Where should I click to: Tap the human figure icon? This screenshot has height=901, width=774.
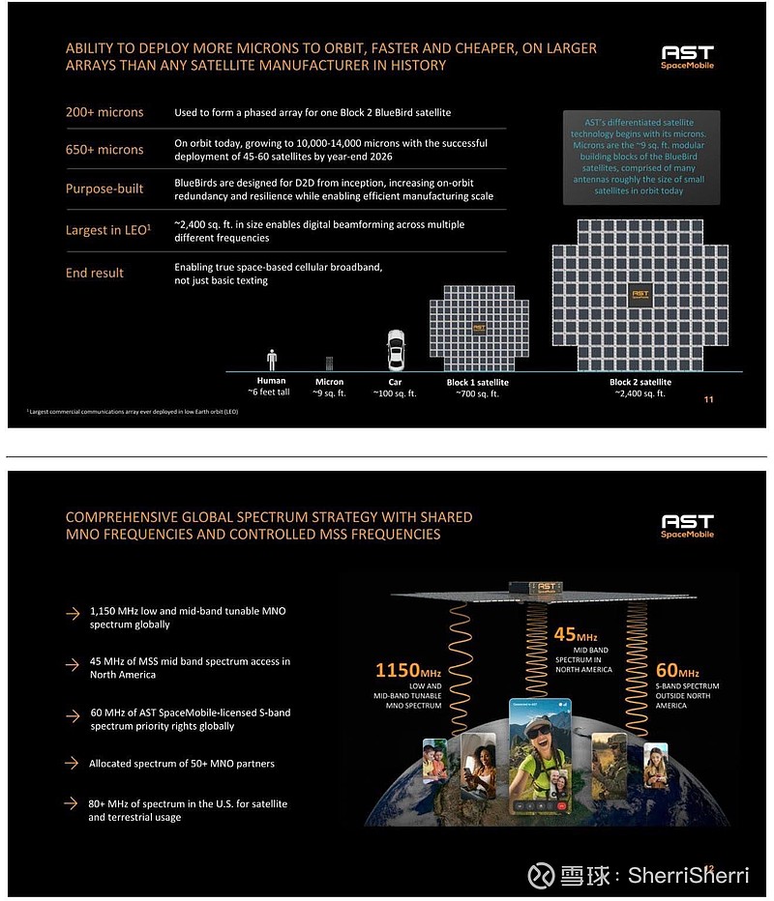pos(272,360)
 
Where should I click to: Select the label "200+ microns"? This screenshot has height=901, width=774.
pos(104,112)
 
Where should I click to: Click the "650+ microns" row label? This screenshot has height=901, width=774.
pos(104,150)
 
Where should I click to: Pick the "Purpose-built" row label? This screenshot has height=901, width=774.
pos(104,189)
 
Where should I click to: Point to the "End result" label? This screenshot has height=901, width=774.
pos(95,273)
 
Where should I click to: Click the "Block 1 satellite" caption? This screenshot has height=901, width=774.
pos(477,383)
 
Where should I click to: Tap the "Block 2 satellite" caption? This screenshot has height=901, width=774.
pos(640,383)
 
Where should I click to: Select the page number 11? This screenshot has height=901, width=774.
pos(709,400)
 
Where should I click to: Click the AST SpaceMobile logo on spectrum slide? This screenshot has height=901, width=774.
pos(687,527)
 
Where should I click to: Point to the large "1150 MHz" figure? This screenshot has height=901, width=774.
pos(409,670)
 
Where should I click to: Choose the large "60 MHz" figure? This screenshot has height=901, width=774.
pos(678,670)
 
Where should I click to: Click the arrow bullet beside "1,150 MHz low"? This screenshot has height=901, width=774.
pos(73,613)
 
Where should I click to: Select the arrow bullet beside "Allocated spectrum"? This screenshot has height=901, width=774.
pos(73,763)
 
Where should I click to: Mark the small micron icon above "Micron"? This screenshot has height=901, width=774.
pos(329,363)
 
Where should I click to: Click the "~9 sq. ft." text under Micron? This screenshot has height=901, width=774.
pos(329,394)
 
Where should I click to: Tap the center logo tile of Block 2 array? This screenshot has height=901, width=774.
pos(640,294)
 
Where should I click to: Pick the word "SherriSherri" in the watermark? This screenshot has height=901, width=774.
pos(688,875)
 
